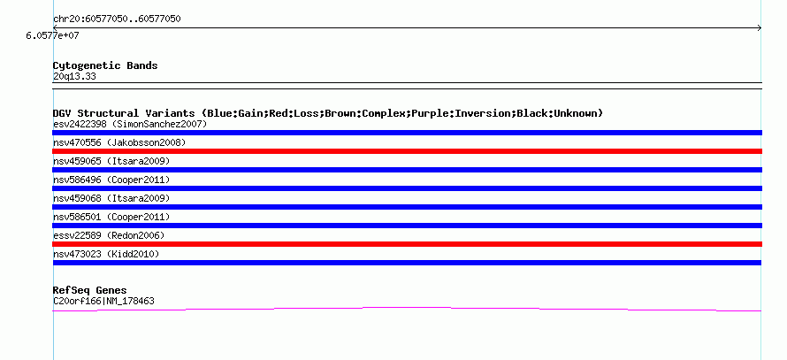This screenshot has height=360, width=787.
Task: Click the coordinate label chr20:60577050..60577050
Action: pos(117,19)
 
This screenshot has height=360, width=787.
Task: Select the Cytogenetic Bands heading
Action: pos(104,65)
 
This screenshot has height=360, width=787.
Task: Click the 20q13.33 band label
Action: pos(74,76)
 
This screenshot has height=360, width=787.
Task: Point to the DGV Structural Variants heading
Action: pos(327,113)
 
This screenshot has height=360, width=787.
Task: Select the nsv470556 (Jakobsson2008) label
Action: pos(119,142)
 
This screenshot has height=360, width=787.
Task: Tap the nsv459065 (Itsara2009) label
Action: pos(111,161)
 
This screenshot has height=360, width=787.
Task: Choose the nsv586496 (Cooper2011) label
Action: pos(111,180)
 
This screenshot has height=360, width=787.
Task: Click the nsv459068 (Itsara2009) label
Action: pos(111,198)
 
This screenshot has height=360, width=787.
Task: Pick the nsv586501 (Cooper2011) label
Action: pos(111,217)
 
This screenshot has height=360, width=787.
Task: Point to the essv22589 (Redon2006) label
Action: pos(109,235)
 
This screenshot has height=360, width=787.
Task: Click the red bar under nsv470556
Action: pos(407,151)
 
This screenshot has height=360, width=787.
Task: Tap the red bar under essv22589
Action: pos(407,244)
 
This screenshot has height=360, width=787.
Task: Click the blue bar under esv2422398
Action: pos(407,133)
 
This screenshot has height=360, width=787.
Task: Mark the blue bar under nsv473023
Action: pos(407,263)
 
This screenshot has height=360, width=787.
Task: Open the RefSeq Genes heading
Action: pos(89,290)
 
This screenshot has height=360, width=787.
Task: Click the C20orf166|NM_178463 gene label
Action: pos(103,301)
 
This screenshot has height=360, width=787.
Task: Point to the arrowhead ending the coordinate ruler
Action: pos(759,28)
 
